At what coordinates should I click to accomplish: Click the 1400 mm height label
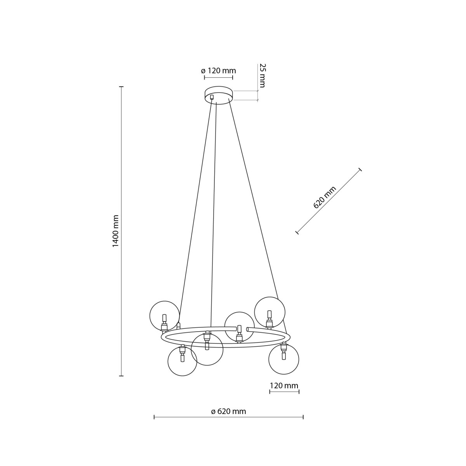[115, 231]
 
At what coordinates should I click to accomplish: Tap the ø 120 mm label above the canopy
[218, 71]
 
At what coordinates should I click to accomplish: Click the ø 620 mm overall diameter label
[228, 411]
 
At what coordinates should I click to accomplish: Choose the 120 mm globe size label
[284, 386]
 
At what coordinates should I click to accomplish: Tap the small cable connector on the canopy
[212, 97]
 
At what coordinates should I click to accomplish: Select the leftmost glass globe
[165, 316]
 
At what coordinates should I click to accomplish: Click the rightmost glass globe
[284, 359]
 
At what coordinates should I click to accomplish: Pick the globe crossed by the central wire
[207, 349]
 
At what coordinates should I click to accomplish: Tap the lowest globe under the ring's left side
[182, 361]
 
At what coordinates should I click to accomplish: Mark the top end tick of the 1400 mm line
[121, 87]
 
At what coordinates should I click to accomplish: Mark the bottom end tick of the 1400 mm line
[121, 376]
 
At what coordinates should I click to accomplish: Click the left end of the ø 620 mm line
[154, 417]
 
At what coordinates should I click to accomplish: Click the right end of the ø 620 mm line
[303, 417]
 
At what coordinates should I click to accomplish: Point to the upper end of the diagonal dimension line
[360, 169]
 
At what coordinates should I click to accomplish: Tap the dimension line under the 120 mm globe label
[284, 392]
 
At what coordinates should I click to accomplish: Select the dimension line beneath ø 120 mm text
[219, 77]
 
